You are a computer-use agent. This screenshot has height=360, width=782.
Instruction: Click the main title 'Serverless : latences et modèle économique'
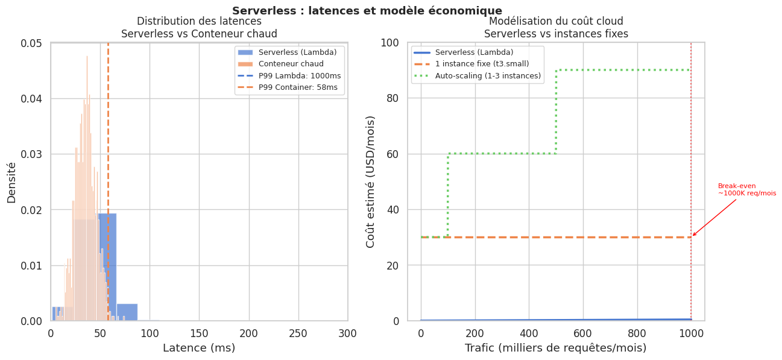click(x=367, y=11)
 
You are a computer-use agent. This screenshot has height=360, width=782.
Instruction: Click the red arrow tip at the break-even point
click(x=692, y=236)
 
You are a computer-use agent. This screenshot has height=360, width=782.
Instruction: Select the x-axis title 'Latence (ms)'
click(x=199, y=348)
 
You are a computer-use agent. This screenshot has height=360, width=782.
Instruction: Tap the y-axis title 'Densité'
click(x=11, y=182)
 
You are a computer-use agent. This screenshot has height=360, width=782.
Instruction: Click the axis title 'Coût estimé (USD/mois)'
click(x=371, y=182)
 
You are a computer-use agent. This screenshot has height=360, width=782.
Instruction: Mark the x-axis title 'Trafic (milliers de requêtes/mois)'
click(x=555, y=348)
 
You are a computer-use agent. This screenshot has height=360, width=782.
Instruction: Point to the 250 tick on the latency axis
click(x=298, y=333)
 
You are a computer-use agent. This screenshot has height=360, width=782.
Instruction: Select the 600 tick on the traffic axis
click(x=582, y=333)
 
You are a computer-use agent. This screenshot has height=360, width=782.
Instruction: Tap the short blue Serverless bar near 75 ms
click(x=127, y=312)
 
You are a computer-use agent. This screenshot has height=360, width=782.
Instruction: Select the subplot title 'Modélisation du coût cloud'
click(x=555, y=22)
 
